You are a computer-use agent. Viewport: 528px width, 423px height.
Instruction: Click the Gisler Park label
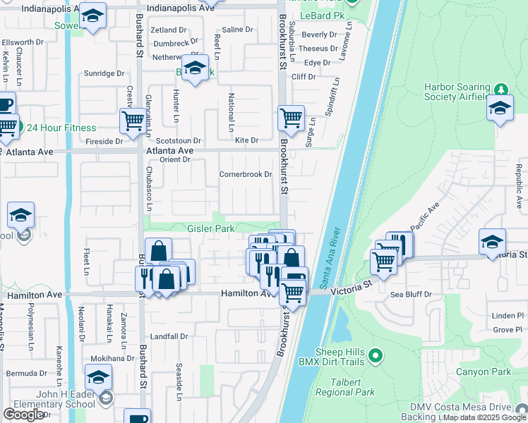click(210, 229)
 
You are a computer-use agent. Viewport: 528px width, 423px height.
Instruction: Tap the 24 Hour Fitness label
click(61, 128)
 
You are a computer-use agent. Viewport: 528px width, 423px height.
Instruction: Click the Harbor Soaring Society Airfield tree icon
click(502, 89)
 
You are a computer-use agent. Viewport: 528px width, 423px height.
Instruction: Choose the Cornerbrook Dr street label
click(245, 174)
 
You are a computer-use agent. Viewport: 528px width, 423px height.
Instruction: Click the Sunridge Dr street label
click(104, 73)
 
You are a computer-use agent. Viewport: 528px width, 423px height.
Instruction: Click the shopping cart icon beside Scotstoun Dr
click(132, 121)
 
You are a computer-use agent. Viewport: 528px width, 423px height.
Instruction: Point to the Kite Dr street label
click(246, 141)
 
